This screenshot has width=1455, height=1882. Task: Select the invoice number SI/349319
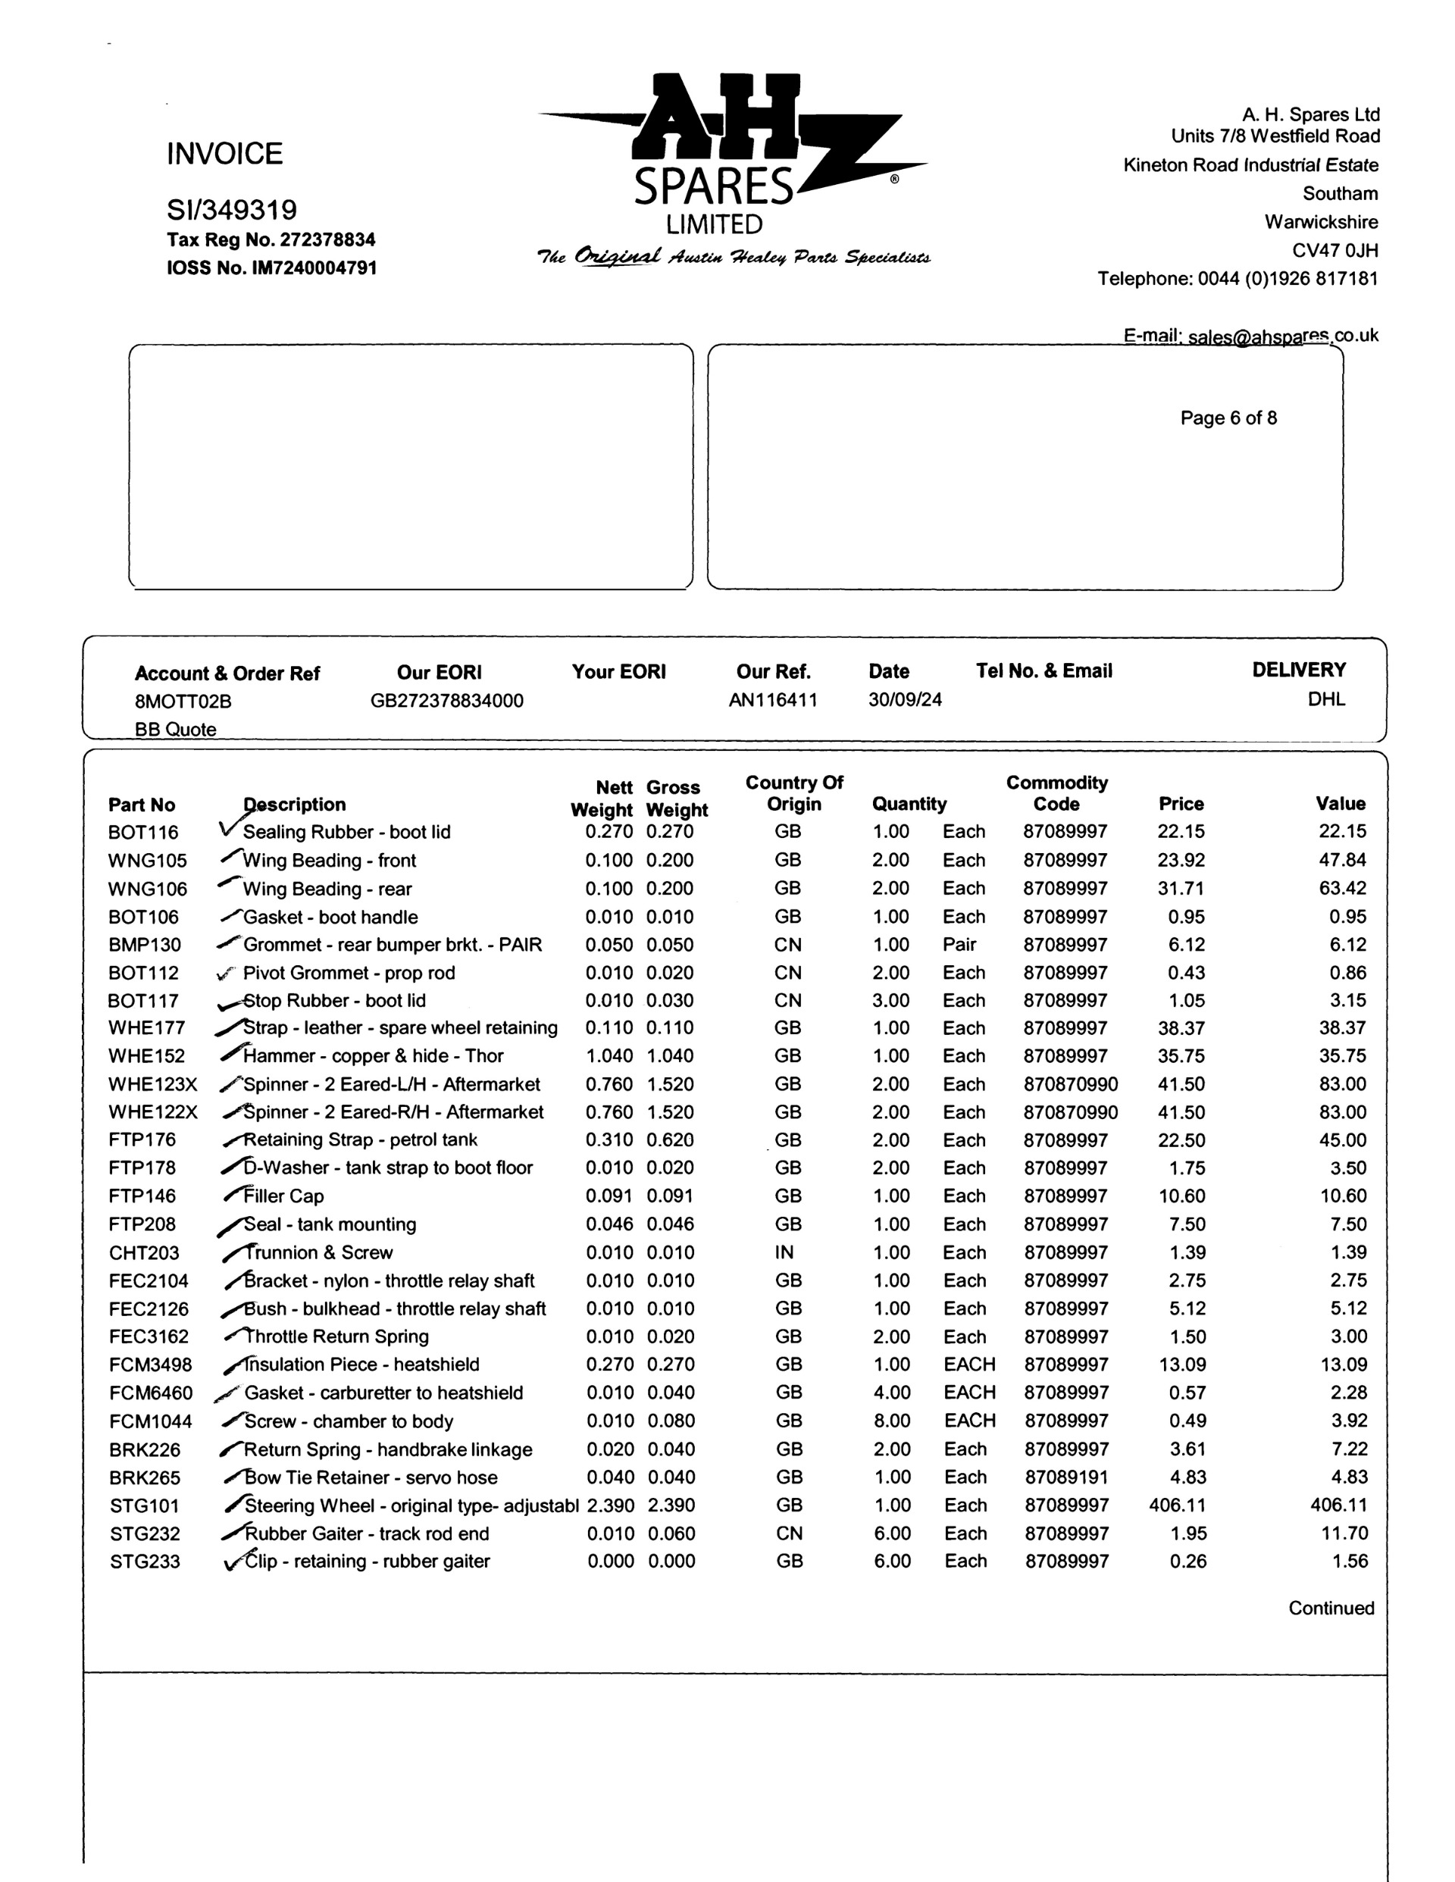[x=232, y=209]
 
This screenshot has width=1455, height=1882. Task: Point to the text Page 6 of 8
[x=1228, y=418]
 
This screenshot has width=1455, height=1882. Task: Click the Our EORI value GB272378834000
[x=446, y=701]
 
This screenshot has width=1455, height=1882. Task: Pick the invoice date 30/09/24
[x=904, y=699]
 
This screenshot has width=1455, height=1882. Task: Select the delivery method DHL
[x=1325, y=699]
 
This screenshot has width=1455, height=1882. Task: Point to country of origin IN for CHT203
[x=784, y=1252]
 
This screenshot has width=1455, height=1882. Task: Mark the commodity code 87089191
[x=1066, y=1477]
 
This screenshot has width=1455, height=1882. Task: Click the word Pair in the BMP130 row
[x=959, y=945]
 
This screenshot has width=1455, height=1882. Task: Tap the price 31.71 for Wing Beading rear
[x=1181, y=887]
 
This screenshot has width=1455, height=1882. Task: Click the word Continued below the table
[x=1331, y=1608]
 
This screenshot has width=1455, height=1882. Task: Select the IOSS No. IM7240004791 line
[x=271, y=268]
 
